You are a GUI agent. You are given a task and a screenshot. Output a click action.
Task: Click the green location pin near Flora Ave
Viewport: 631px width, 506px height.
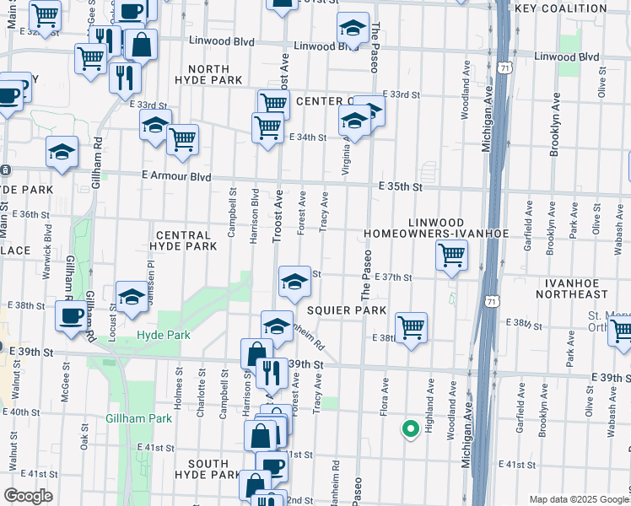coord(410,429)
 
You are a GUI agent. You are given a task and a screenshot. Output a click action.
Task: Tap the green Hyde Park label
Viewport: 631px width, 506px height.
coord(163,335)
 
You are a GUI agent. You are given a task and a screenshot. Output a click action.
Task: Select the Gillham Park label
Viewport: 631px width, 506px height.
coord(138,418)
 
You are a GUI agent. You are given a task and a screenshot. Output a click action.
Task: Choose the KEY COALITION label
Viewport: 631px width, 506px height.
coord(559,8)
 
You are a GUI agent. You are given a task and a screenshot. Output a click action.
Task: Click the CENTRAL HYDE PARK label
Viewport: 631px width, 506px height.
coord(179,240)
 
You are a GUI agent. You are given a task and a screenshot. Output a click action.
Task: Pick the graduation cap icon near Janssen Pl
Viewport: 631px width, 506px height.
coord(132,297)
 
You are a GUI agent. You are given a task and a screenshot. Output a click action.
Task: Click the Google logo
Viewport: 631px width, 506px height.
coord(28,496)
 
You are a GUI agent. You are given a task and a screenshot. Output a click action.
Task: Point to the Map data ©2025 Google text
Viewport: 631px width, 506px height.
coord(578,499)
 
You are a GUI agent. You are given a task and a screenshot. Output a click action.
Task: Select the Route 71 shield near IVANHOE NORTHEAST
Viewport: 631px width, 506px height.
coord(491,299)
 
